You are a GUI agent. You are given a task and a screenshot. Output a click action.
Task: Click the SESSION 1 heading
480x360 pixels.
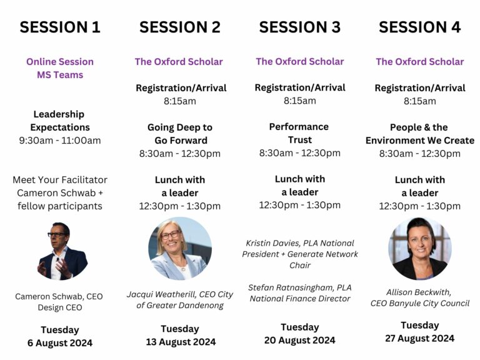60,27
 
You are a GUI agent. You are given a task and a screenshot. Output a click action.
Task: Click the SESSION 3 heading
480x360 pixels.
299,27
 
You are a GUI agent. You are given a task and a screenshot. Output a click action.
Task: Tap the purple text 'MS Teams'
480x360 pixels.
60,75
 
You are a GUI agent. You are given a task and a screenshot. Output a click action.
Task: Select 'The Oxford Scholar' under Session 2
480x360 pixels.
179,62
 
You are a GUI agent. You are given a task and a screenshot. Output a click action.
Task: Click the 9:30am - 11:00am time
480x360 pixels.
60,141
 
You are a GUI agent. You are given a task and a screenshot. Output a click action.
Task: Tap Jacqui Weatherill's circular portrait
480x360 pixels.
180,248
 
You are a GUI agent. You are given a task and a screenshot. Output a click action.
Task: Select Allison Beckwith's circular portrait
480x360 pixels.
419,248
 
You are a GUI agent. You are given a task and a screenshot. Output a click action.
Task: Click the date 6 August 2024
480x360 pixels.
60,343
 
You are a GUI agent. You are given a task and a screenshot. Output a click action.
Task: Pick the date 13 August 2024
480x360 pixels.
180,342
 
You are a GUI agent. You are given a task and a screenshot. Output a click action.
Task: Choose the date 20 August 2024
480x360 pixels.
299,340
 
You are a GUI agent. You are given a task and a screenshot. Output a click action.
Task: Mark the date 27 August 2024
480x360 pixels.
419,339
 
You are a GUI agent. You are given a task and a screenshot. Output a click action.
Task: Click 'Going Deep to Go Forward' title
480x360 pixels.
180,134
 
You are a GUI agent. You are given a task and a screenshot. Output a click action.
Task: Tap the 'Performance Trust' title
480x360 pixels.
299,133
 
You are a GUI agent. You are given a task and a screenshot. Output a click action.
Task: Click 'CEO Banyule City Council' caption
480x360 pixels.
419,304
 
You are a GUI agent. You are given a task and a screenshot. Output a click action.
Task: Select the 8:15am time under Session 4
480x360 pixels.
419,101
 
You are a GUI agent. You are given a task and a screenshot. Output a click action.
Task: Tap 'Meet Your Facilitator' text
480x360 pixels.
60,180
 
